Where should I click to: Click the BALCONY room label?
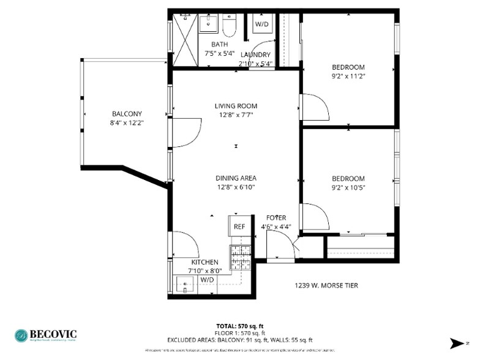coord(127,114)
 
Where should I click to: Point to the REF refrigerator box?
coord(239,226)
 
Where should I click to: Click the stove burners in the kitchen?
coord(239,257)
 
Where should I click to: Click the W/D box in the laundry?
coord(261,24)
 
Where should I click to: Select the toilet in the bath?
coord(230,26)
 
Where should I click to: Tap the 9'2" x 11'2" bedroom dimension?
coord(348,77)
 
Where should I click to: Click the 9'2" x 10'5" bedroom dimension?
coord(348,188)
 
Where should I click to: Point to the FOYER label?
coord(276,217)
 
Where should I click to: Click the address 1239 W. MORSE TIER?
coord(326,285)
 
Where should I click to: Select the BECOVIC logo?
coord(46,335)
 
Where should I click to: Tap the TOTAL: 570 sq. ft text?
coord(239,326)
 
